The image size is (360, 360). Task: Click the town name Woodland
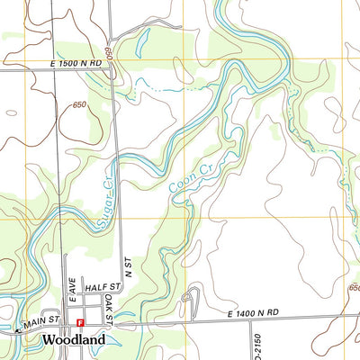pos(73,339)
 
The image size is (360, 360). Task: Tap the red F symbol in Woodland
pos(80,322)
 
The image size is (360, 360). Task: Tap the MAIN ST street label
pos(40,320)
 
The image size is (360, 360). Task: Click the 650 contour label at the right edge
pos(354,289)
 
